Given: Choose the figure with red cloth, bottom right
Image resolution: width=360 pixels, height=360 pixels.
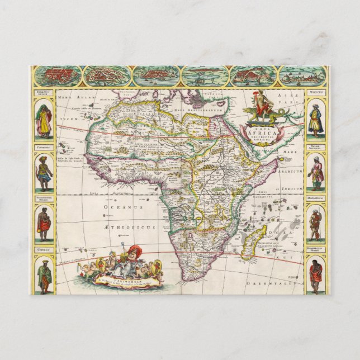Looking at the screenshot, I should (316, 274).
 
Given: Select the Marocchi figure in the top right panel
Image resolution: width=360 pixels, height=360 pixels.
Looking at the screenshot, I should (316, 121).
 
